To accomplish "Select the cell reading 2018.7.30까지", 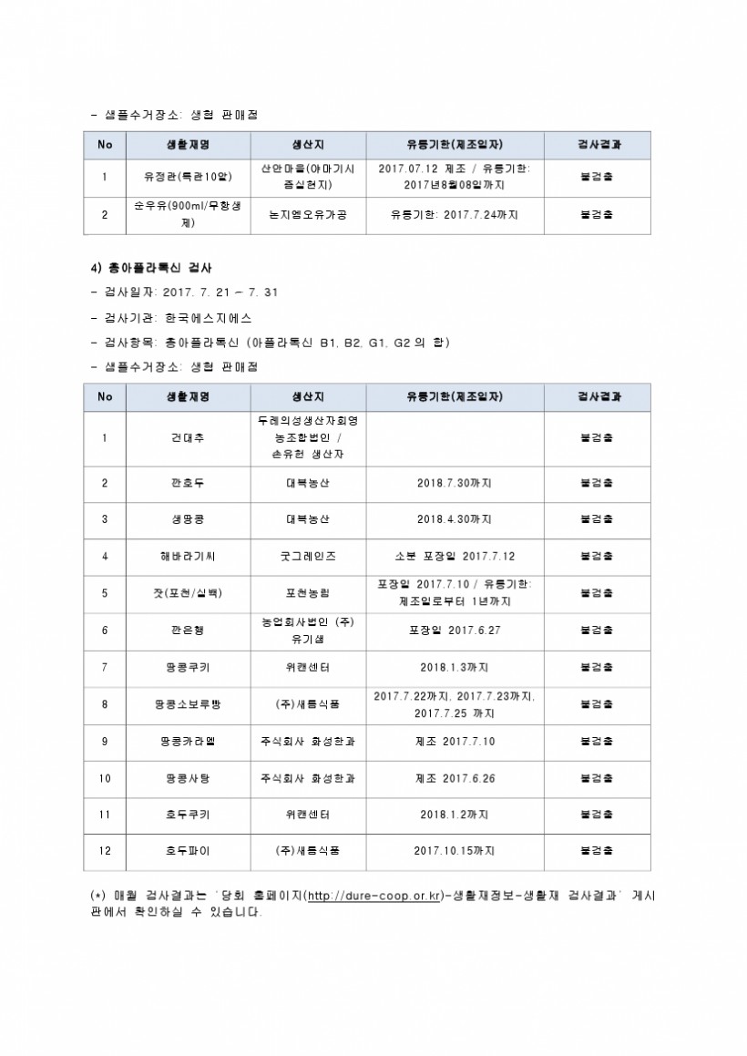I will tap(455, 483).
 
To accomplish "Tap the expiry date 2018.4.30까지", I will tap(455, 519).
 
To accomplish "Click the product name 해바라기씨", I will tap(188, 556).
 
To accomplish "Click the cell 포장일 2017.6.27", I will tap(455, 630).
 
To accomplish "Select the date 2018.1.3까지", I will tap(455, 667).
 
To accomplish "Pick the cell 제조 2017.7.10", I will tap(455, 742).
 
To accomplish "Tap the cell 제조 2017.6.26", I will tap(455, 778).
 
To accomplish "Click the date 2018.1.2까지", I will tap(455, 815).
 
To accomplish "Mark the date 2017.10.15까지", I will tap(455, 851).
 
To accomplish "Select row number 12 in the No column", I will tap(105, 851).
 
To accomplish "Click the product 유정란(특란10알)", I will tap(188, 177).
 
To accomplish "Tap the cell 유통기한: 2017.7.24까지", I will tap(455, 215).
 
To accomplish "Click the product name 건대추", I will tap(188, 438).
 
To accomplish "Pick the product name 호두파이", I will tap(188, 851).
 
